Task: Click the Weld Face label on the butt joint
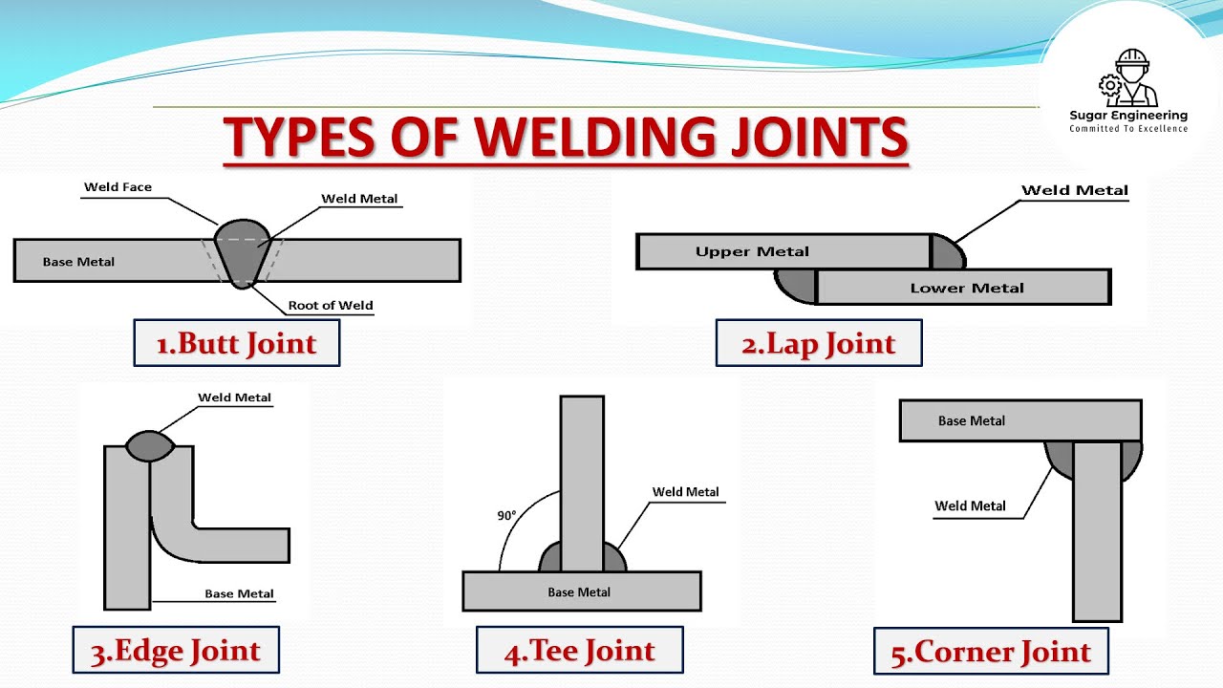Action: [118, 187]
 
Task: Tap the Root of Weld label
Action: [331, 305]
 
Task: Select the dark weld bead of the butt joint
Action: [243, 254]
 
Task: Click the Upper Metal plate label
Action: [752, 251]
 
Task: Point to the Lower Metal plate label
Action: [967, 288]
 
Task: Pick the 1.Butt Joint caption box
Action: [237, 343]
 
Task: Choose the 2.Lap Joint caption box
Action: [819, 343]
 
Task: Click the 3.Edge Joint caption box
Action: [176, 650]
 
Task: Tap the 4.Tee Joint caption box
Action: [580, 650]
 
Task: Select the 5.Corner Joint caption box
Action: [991, 651]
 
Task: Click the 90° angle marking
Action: [506, 515]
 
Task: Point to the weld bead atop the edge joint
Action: [150, 446]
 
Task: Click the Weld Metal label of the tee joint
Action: [685, 492]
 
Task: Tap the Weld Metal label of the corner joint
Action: [970, 506]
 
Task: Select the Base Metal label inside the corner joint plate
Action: [972, 421]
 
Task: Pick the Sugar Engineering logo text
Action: [1128, 116]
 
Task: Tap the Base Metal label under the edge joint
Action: [239, 593]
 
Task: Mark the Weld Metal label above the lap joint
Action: [1075, 190]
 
